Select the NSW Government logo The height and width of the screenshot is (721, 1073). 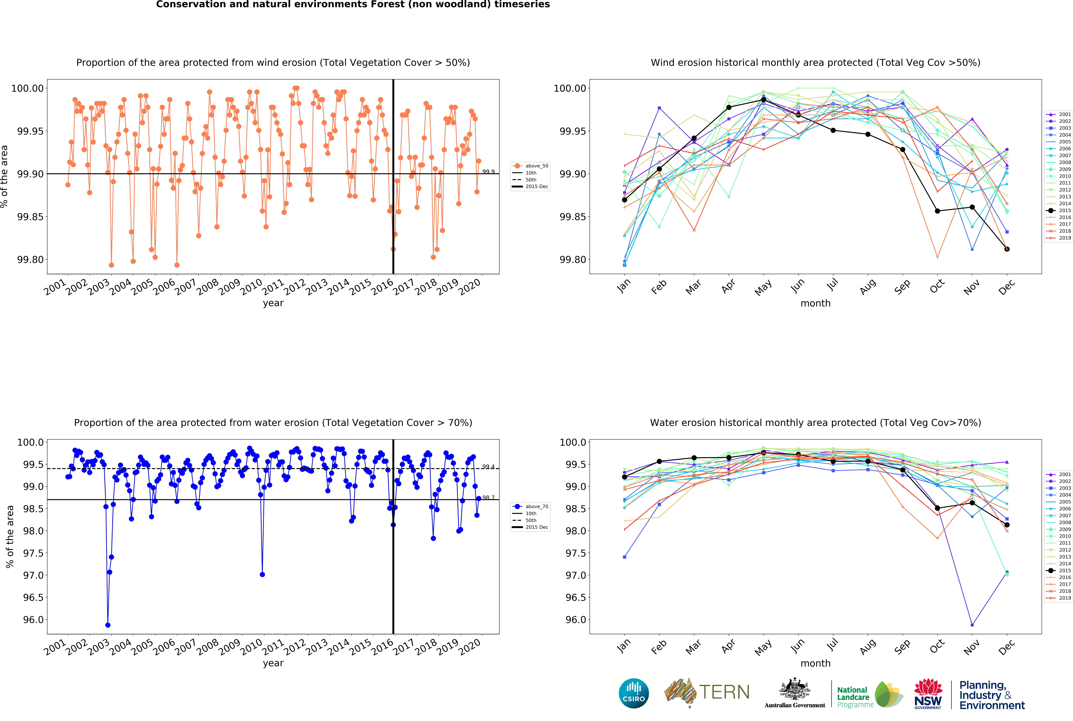[928, 693]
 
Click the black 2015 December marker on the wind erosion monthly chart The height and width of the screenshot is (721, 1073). [1007, 249]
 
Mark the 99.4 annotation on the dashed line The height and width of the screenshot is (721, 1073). [488, 467]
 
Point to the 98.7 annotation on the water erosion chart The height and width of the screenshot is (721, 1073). [488, 497]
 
